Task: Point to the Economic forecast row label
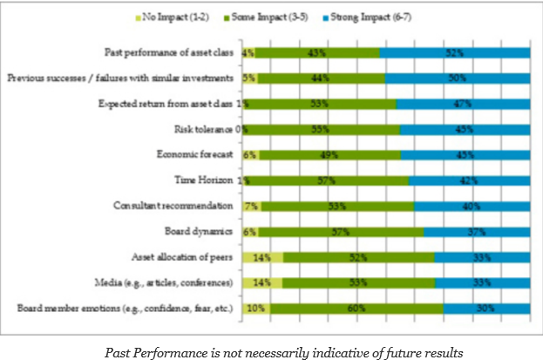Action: tap(195, 155)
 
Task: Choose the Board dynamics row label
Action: tap(200, 232)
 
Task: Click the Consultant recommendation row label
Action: tap(174, 207)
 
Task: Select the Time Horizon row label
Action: tap(205, 180)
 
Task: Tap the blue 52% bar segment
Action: tap(455, 53)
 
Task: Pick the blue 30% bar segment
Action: tap(486, 309)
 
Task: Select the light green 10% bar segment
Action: tap(255, 309)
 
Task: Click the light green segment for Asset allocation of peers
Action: tap(262, 258)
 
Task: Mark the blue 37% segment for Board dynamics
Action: tap(477, 232)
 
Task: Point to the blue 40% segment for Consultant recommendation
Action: tap(472, 207)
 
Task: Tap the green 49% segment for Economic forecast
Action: tap(329, 155)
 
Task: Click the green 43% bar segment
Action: tap(317, 53)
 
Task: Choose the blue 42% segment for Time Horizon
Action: tap(469, 180)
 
